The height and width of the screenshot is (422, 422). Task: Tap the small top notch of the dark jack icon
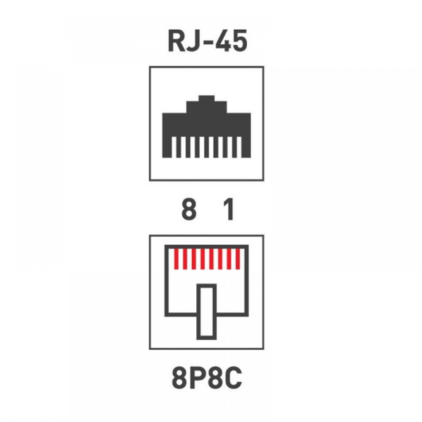tap(206, 98)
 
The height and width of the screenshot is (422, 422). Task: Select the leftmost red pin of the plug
tap(176, 259)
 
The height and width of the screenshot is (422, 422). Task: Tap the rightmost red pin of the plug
tap(238, 259)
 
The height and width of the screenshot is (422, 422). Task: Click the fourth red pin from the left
tap(203, 259)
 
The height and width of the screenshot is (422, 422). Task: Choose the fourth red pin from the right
tap(211, 259)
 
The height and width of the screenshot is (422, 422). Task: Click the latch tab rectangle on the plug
tap(207, 312)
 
